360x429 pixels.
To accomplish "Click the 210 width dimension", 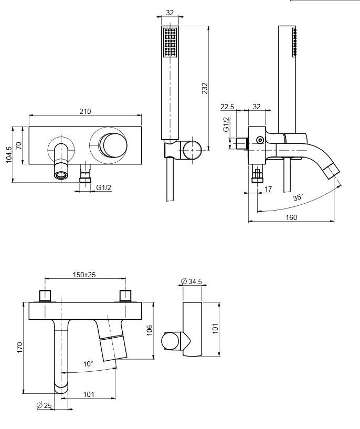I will tap(85, 111).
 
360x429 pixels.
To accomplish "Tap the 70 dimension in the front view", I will tap(19, 145).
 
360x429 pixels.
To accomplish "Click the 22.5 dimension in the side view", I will tap(228, 107).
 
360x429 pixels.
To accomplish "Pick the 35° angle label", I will tap(298, 198).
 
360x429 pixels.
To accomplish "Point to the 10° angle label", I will tap(88, 363).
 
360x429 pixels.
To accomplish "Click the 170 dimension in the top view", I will tap(19, 348).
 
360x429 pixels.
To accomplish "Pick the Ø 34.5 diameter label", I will tap(192, 282).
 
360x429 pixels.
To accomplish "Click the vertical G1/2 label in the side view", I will tap(227, 124).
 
